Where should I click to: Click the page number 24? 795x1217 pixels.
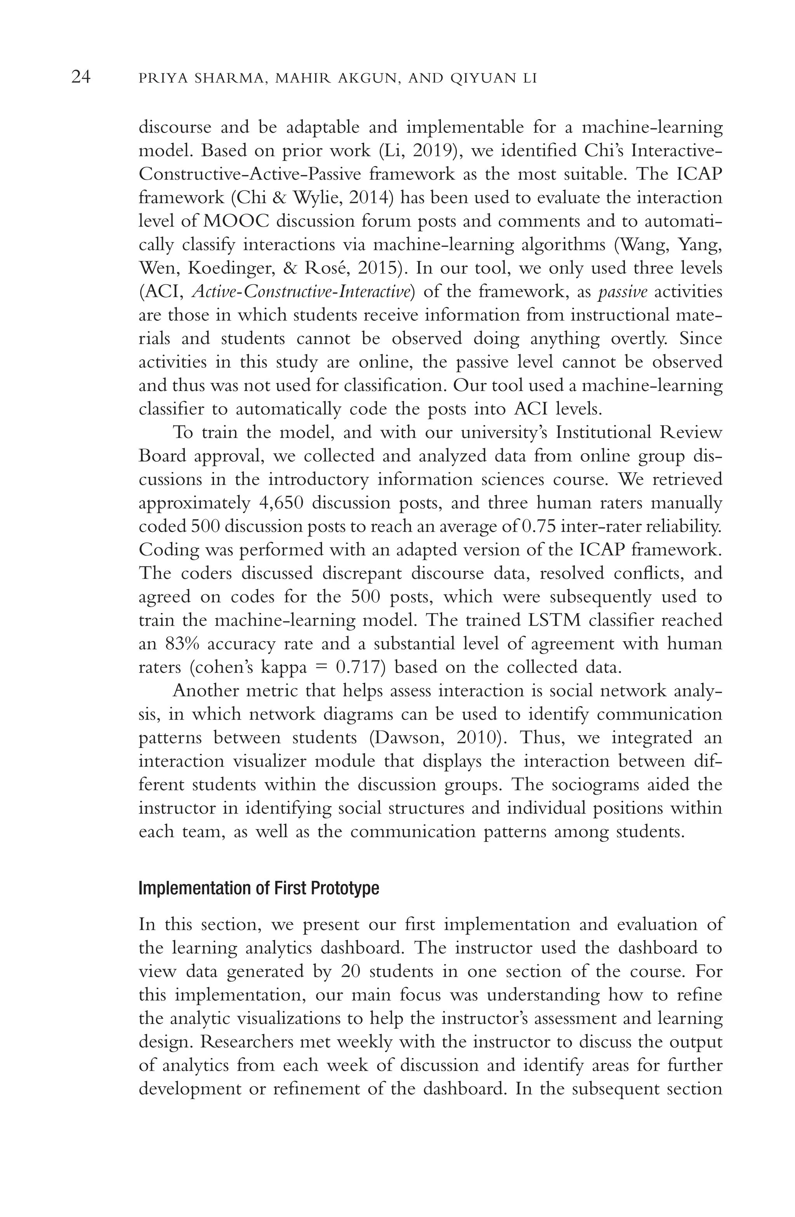[81, 77]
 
